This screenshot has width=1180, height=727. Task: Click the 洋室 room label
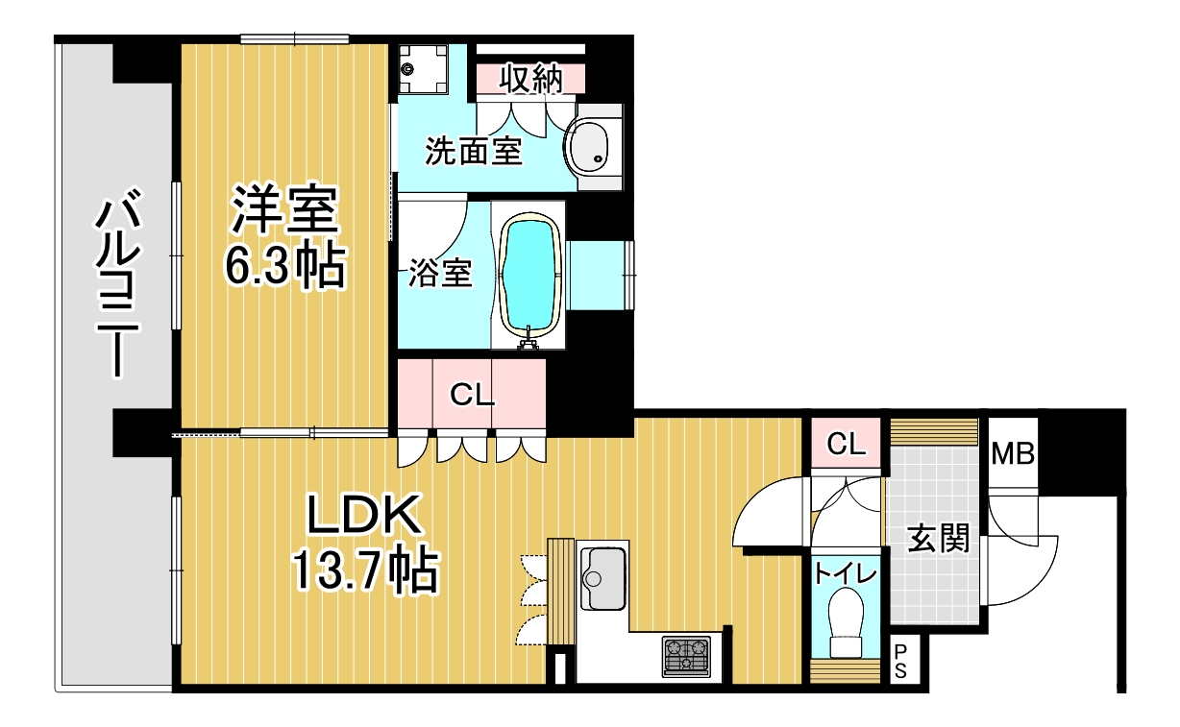click(x=284, y=209)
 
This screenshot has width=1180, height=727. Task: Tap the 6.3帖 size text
click(x=285, y=266)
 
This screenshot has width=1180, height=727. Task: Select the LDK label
click(x=364, y=514)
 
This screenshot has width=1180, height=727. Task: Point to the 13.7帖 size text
click(x=364, y=570)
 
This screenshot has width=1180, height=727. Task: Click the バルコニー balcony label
click(x=118, y=282)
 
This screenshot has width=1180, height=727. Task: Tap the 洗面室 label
click(x=474, y=151)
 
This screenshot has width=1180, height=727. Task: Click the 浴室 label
click(x=440, y=273)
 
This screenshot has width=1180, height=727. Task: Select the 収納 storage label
click(x=531, y=79)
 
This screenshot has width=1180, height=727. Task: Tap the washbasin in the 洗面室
click(x=587, y=147)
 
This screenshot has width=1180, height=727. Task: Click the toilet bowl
click(x=846, y=622)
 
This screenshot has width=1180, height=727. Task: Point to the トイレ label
click(x=846, y=573)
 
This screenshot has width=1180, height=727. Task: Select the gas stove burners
click(x=686, y=656)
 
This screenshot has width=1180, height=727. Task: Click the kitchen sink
click(x=603, y=578)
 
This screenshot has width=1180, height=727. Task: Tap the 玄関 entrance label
click(x=938, y=539)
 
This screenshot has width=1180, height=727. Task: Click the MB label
click(x=1013, y=454)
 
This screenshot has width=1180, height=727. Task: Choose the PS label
click(x=900, y=661)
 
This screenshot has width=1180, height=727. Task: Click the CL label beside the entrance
click(x=846, y=444)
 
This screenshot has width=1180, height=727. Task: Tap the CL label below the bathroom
click(x=472, y=395)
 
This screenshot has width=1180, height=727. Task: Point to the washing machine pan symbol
click(x=423, y=69)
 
